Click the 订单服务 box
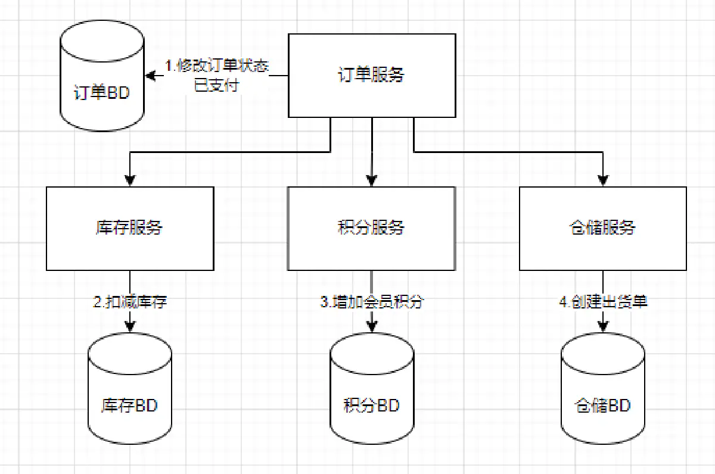[x=372, y=76]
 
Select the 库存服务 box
[x=130, y=228]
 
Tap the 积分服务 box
[x=372, y=228]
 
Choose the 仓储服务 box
[x=602, y=228]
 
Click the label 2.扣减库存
[x=130, y=302]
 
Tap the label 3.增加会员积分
[x=372, y=302]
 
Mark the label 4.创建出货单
[x=603, y=302]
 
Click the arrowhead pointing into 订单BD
[x=151, y=76]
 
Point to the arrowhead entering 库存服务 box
[x=130, y=180]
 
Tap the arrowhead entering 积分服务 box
[x=372, y=180]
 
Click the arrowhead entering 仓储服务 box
[x=602, y=180]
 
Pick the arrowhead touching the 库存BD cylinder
[x=130, y=326]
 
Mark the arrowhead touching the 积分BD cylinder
[x=372, y=326]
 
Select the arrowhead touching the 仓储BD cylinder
[x=602, y=326]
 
